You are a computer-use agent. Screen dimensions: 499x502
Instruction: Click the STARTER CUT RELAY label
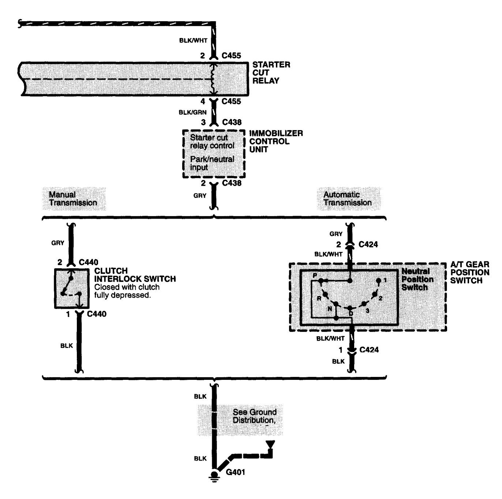[271, 73]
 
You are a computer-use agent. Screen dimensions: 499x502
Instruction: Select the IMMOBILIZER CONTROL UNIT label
[276, 141]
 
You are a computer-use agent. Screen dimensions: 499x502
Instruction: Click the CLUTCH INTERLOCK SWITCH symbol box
[71, 288]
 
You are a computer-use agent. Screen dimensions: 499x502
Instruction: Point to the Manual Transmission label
[73, 199]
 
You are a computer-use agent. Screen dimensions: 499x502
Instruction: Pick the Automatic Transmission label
[347, 199]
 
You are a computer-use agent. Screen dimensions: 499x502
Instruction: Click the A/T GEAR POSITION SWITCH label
[469, 273]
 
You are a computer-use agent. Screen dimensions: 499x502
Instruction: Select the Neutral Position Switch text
[417, 279]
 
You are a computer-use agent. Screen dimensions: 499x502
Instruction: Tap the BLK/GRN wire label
[192, 112]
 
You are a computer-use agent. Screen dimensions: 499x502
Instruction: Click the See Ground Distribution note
[255, 416]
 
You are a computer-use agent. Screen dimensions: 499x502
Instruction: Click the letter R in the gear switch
[319, 298]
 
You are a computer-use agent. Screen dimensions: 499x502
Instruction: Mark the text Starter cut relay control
[212, 141]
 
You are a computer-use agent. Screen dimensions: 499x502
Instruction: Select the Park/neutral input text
[212, 163]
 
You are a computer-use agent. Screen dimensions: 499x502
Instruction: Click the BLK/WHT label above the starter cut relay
[193, 41]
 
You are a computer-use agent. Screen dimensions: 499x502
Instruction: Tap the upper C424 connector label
[368, 244]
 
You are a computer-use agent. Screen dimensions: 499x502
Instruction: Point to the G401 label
[235, 472]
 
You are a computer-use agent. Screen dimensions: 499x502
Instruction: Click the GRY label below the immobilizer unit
[200, 196]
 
